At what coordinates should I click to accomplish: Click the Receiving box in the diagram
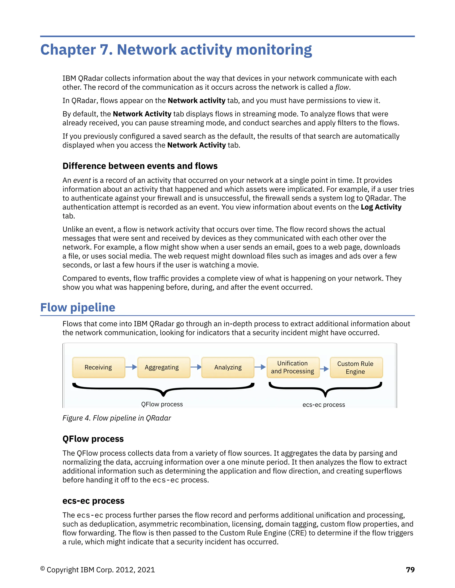point(98,367)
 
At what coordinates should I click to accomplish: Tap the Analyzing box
point(228,367)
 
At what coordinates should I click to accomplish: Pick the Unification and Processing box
point(293,367)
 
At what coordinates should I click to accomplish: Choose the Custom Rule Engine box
point(356,367)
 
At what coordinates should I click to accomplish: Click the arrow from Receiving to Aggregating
point(131,367)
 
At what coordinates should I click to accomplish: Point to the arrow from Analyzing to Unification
point(260,367)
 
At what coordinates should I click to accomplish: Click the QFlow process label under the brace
point(162,404)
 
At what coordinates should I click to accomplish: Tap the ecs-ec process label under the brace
point(324,405)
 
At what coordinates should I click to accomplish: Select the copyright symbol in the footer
point(42,569)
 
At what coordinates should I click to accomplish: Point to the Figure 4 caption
point(117,418)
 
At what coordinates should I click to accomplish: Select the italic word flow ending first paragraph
point(342,87)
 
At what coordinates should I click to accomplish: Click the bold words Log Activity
point(381,207)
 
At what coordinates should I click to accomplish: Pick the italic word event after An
point(82,180)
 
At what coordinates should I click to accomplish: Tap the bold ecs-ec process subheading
point(93,501)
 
